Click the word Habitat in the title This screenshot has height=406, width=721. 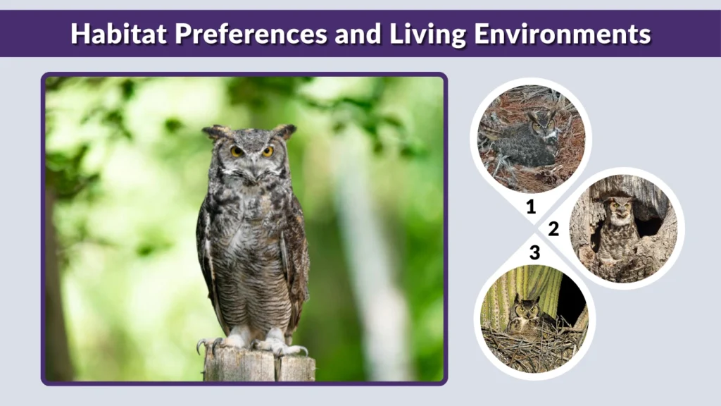click(113, 34)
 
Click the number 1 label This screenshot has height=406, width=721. click(531, 207)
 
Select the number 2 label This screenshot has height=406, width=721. click(554, 228)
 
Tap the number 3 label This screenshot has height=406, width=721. click(534, 252)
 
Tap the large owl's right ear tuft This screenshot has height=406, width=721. click(284, 130)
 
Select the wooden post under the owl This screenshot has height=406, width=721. click(259, 365)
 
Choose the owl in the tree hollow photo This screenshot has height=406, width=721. click(620, 222)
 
